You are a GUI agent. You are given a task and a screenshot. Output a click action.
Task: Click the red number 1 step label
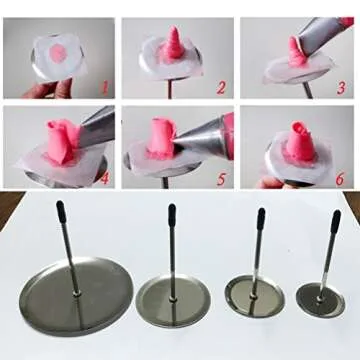[x=106, y=89]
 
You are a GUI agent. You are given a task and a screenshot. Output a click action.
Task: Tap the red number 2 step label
[x=221, y=88]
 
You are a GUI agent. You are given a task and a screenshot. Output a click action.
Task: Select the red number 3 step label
[x=341, y=88]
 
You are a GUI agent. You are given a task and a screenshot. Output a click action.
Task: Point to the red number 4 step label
[x=104, y=178]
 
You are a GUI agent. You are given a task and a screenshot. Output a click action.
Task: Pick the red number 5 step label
[x=221, y=178]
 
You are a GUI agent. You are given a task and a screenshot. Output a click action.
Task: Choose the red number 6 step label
[x=339, y=179]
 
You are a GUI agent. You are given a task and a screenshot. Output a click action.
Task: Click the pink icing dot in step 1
[x=58, y=53]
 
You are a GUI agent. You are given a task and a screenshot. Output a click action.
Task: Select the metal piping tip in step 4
[x=97, y=127]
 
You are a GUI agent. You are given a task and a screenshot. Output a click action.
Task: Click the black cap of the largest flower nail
[x=61, y=209]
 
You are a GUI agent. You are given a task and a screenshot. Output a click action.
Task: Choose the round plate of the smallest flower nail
[x=320, y=300]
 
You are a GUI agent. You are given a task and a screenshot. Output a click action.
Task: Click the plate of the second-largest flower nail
[x=173, y=301]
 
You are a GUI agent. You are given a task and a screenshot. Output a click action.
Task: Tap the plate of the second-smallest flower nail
[x=255, y=296]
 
